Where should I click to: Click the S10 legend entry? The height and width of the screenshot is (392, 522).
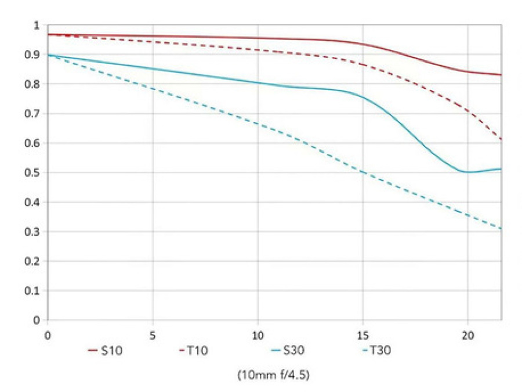pyautogui.click(x=106, y=350)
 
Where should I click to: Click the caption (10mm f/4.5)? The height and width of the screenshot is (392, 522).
pyautogui.click(x=273, y=375)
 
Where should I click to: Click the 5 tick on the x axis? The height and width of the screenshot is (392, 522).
pyautogui.click(x=153, y=335)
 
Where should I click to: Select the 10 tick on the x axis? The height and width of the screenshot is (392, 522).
pyautogui.click(x=258, y=335)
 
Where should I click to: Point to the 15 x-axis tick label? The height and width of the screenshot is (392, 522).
pyautogui.click(x=362, y=335)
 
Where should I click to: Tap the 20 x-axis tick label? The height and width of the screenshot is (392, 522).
pyautogui.click(x=467, y=335)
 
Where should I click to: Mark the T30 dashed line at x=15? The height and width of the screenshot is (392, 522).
pyautogui.click(x=362, y=172)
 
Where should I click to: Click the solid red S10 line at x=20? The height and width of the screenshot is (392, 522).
pyautogui.click(x=467, y=71)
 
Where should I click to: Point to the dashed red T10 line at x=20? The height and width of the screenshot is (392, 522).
pyautogui.click(x=467, y=110)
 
